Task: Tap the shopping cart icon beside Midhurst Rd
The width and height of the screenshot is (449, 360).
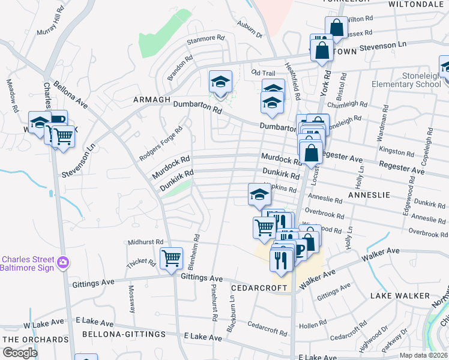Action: point(172,259)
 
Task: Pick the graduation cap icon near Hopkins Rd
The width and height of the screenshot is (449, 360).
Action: point(259,195)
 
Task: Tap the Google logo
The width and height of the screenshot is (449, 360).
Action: point(20,353)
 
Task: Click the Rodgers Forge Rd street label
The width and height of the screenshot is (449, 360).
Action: point(160,144)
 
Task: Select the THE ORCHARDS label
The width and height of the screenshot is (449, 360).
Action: point(35,340)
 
